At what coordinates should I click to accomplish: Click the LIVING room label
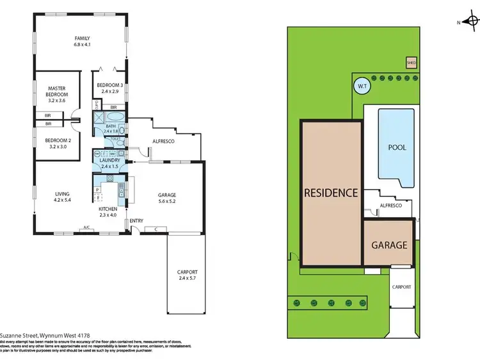click(62, 193)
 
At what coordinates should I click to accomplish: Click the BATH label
click(110, 126)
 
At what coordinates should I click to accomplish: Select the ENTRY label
click(136, 221)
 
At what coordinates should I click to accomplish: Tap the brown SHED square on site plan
click(410, 62)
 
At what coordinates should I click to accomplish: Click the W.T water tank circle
click(362, 85)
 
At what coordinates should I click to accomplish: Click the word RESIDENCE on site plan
click(330, 192)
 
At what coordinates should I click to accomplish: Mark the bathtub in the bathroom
click(116, 117)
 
